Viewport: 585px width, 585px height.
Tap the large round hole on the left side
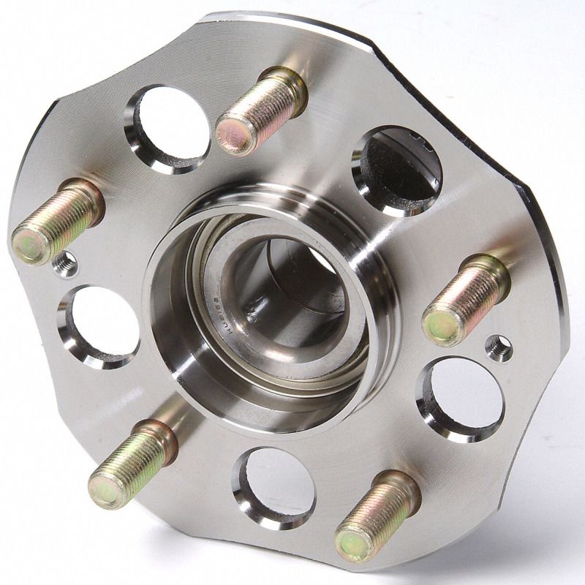99,325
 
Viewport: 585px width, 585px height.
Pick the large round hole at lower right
461,399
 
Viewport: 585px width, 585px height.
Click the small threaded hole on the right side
499,347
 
